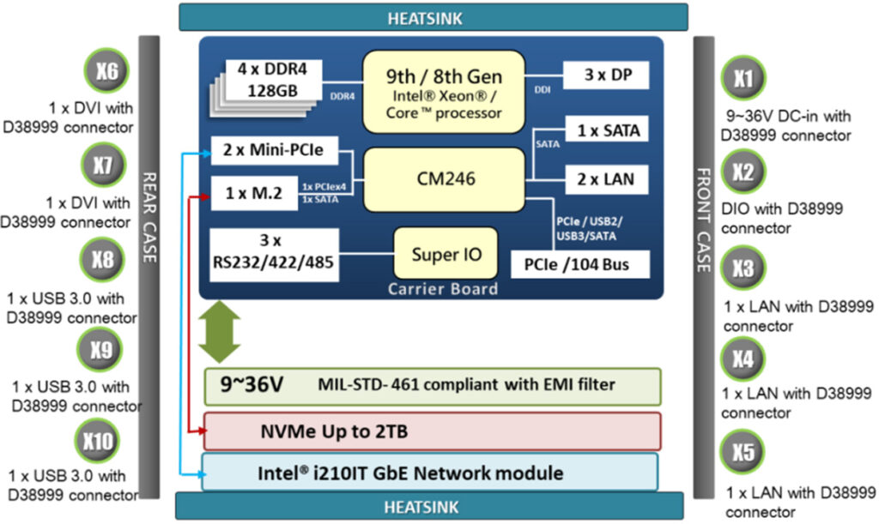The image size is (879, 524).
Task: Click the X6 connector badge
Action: tap(107, 72)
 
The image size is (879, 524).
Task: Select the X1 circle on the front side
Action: tap(743, 80)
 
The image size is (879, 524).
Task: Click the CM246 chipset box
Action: tap(443, 179)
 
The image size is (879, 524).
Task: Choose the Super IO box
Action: tap(446, 254)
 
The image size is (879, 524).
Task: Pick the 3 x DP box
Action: tap(606, 75)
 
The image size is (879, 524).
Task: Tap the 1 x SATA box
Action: tap(606, 131)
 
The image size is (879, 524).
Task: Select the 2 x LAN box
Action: tap(606, 179)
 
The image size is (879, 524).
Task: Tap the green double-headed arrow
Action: tap(219, 331)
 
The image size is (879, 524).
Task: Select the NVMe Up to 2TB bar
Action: tap(432, 431)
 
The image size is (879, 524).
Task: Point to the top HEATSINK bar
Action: tap(433, 16)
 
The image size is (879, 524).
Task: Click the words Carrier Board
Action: tap(442, 289)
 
